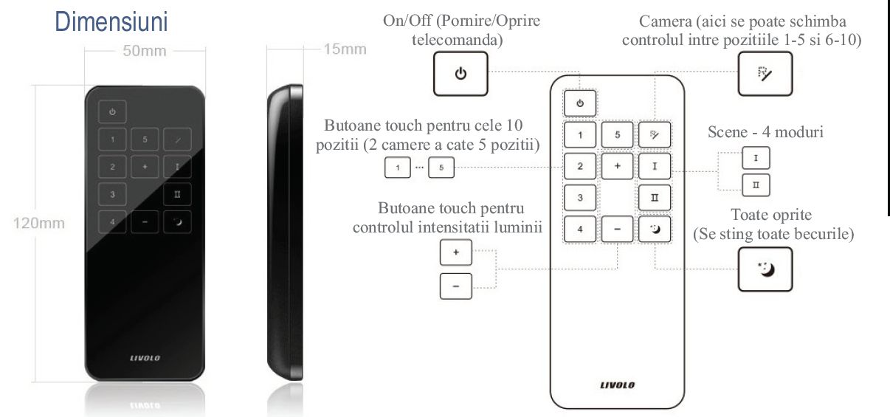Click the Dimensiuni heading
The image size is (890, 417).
click(111, 22)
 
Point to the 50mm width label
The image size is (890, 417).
click(145, 51)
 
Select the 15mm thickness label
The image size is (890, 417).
click(345, 49)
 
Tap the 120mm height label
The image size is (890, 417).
click(38, 223)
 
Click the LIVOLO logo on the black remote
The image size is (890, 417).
click(145, 358)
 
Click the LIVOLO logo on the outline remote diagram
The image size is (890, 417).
click(618, 385)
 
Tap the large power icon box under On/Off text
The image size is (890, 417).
click(460, 74)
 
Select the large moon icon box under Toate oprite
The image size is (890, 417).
click(765, 269)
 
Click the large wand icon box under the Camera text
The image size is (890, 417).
click(765, 74)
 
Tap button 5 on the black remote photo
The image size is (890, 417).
click(145, 139)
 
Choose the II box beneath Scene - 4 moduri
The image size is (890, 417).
click(756, 185)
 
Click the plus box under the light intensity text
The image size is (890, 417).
click(456, 252)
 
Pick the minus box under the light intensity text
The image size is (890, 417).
click(456, 286)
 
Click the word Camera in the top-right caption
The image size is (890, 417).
click(665, 21)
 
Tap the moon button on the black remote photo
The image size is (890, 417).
click(177, 222)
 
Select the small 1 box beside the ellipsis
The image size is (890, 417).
click(398, 168)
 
